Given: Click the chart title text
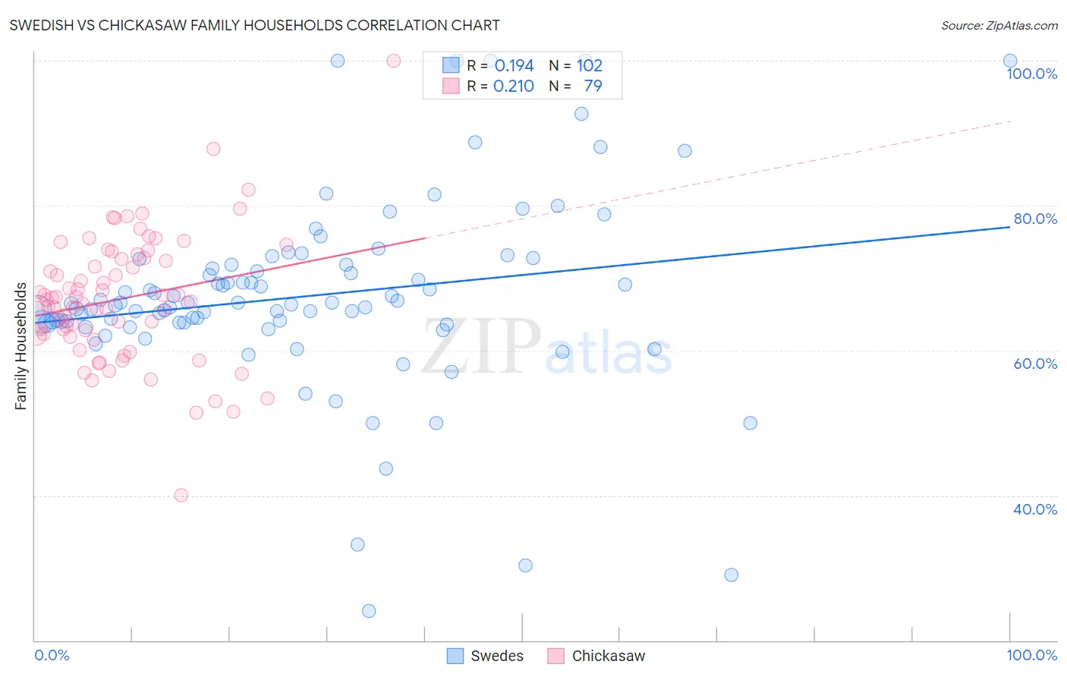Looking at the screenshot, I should (254, 25).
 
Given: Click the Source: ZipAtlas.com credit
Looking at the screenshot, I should (999, 25).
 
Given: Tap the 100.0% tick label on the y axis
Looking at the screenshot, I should (1031, 74).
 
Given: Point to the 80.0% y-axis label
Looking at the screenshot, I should (1035, 219).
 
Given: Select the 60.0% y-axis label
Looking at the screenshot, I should (1035, 364).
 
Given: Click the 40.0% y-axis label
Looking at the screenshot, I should (1035, 509).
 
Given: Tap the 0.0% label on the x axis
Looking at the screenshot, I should (52, 655).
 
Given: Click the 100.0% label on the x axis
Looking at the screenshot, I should (1031, 655).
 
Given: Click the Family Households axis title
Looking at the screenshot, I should (20, 346).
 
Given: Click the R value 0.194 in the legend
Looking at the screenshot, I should (514, 66).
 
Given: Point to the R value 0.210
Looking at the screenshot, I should (514, 87).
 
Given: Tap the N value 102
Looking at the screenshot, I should (590, 66).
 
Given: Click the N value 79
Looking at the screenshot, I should (593, 87).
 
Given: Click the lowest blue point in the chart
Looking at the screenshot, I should (369, 611).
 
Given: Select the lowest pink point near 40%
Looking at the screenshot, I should (181, 495).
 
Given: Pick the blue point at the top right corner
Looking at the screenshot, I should (1010, 61).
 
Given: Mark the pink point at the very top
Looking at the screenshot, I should (393, 61).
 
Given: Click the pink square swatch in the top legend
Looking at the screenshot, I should (452, 87).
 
